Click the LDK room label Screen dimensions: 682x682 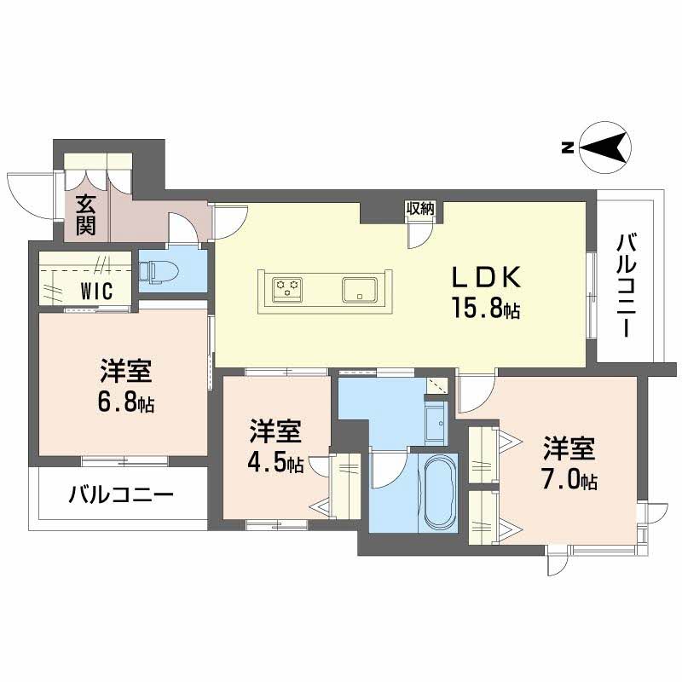(x=485, y=278)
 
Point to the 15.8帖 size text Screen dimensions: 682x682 (x=485, y=309)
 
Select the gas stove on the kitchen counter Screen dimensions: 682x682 (x=288, y=287)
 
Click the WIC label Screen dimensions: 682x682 (x=97, y=290)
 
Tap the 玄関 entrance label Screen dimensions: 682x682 (x=86, y=215)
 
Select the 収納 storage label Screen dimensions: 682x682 (x=420, y=208)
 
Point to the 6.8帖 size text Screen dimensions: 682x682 (x=124, y=402)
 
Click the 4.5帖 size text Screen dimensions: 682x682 (x=275, y=464)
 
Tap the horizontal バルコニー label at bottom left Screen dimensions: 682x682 (x=122, y=495)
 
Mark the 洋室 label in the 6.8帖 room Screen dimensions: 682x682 (x=125, y=373)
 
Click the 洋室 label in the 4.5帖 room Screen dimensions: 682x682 (x=275, y=433)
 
